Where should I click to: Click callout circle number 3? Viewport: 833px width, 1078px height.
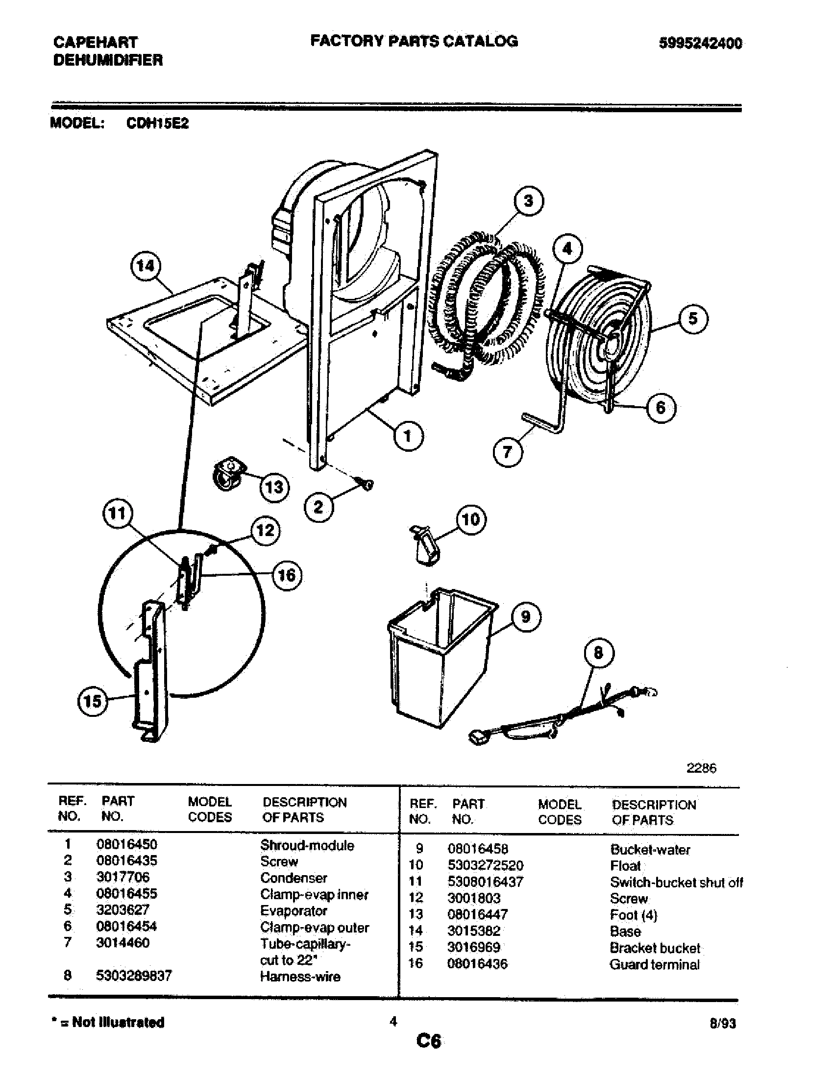click(x=529, y=201)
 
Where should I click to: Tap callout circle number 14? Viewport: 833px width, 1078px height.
click(x=146, y=267)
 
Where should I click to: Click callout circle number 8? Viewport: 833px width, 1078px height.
click(x=599, y=653)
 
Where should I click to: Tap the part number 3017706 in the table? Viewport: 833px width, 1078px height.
click(x=123, y=877)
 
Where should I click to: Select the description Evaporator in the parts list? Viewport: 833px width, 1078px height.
click(x=294, y=910)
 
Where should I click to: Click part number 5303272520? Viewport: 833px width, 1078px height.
click(x=485, y=865)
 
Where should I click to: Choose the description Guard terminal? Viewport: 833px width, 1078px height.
click(x=654, y=964)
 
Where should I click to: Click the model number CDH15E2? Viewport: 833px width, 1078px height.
click(x=157, y=123)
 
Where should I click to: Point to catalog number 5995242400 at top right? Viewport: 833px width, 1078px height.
click(x=700, y=44)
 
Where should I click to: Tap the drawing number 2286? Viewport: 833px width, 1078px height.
click(x=701, y=768)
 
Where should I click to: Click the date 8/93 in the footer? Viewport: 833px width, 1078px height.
click(x=722, y=1024)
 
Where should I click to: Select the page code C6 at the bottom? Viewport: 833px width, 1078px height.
click(x=428, y=1041)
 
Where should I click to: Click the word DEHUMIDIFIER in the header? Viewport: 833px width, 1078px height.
click(x=108, y=61)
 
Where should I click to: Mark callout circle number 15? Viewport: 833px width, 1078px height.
click(x=92, y=701)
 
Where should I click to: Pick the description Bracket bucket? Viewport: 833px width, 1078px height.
click(x=654, y=948)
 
